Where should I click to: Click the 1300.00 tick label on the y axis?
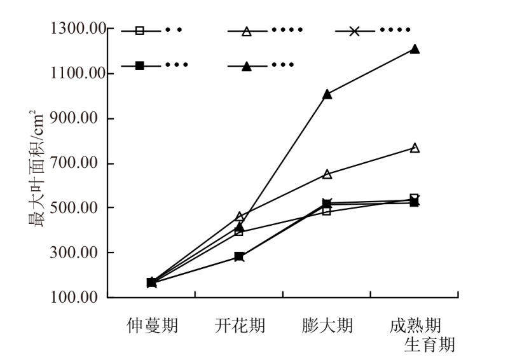pos(75,29)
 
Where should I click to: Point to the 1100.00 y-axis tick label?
pos(75,74)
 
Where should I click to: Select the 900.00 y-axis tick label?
pos(78,119)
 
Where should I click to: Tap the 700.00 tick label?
pos(78,163)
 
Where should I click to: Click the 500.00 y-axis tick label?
pos(78,208)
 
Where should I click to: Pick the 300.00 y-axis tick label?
pos(78,253)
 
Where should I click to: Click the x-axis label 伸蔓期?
pos(151,326)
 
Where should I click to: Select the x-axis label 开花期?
pos(239,326)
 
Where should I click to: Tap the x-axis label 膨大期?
pos(327,326)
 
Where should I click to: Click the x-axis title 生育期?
pos(430,345)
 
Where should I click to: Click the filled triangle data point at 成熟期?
pos(415,49)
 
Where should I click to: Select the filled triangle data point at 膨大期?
pos(327,94)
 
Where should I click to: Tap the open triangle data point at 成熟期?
pos(415,148)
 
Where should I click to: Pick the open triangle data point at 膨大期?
pos(327,174)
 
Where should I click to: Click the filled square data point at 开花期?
pos(239,257)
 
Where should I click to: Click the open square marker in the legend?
pos(140,31)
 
